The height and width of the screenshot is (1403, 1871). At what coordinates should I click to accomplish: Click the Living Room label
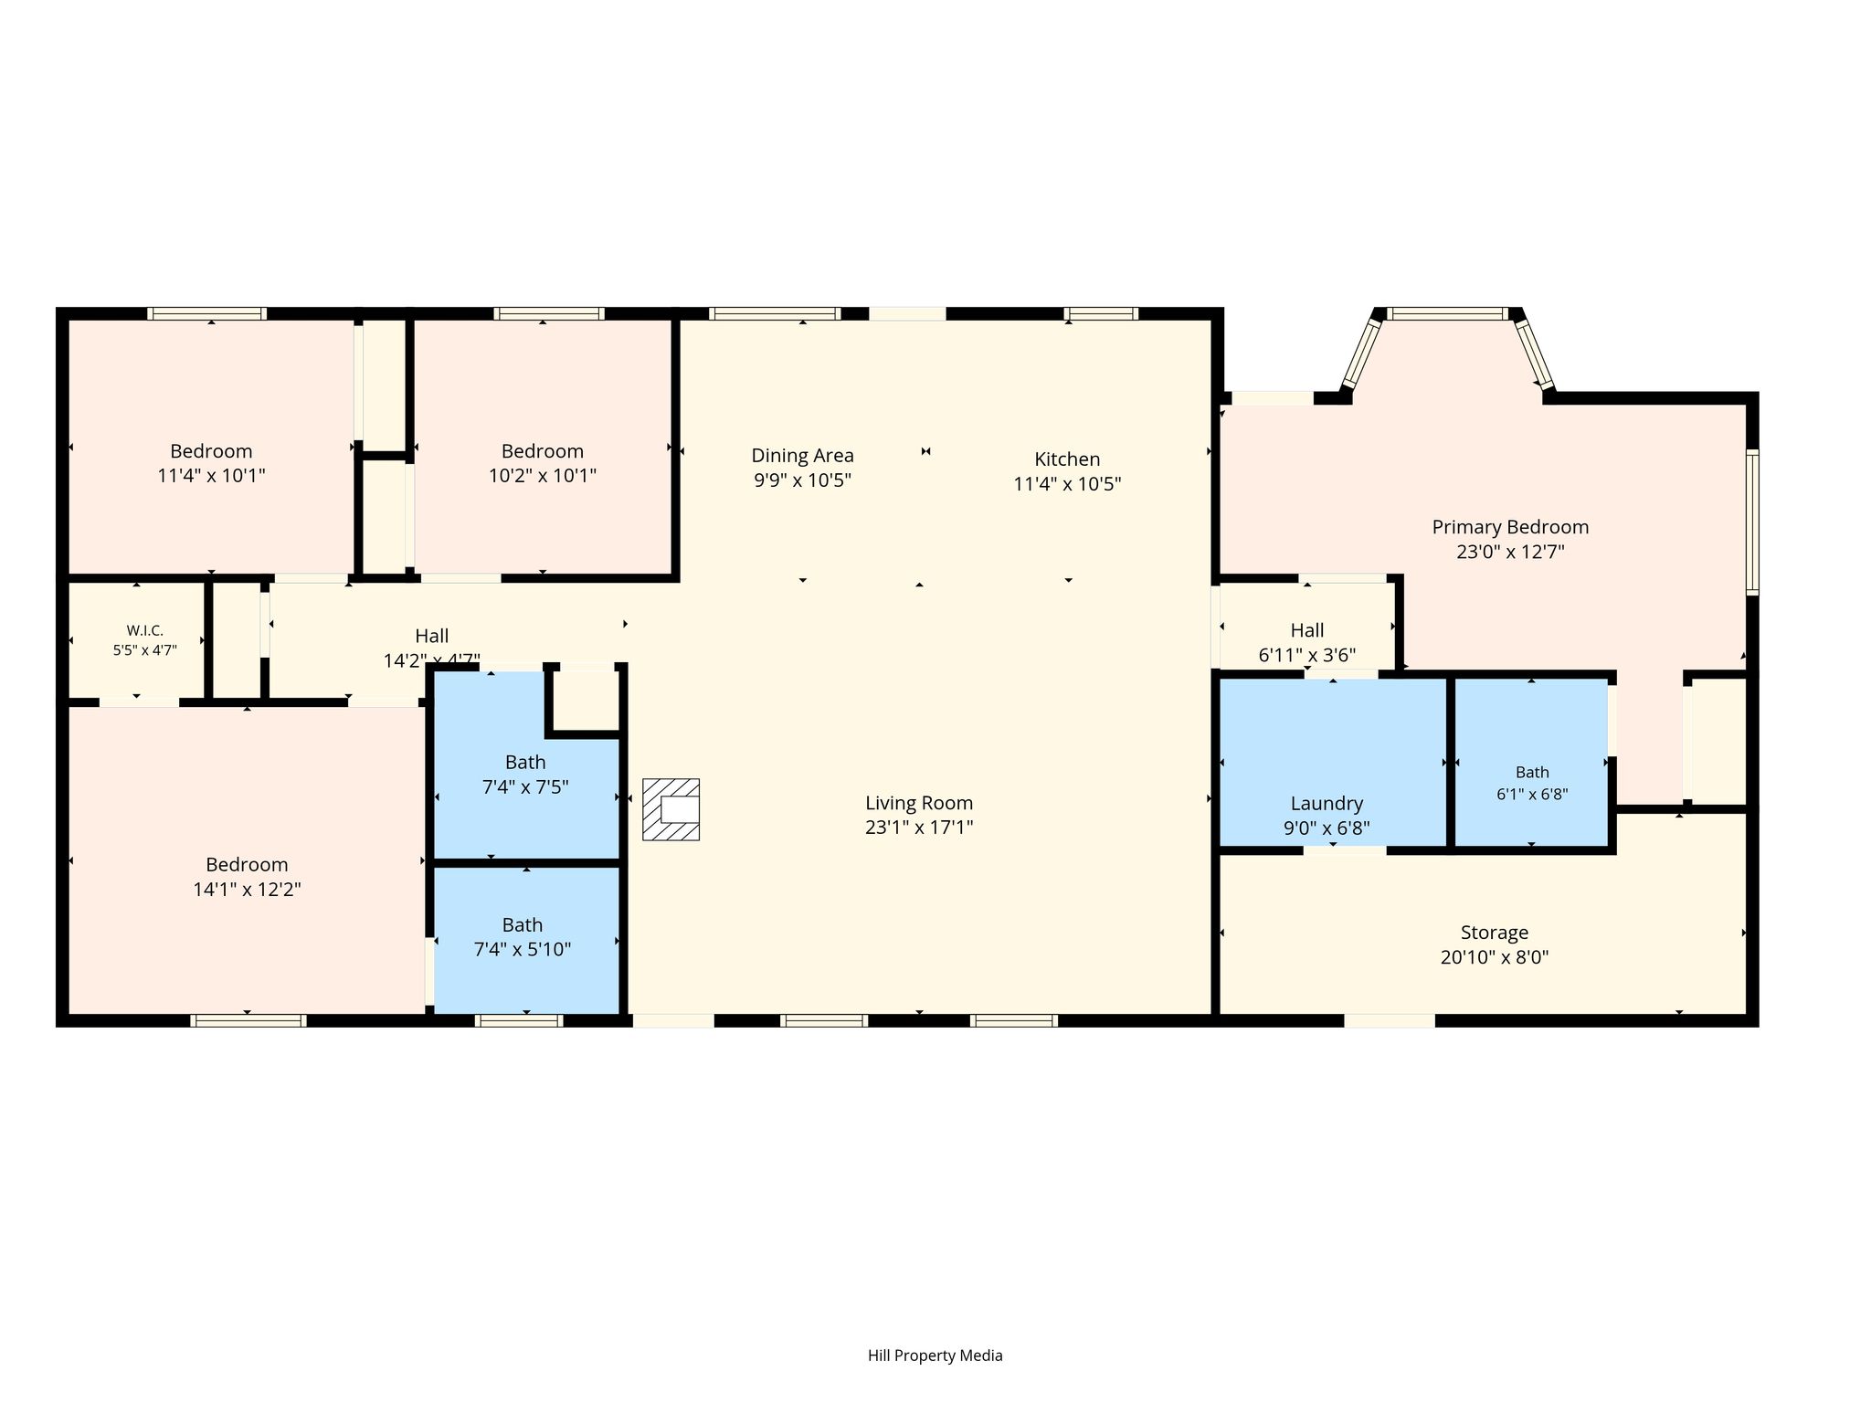pyautogui.click(x=919, y=803)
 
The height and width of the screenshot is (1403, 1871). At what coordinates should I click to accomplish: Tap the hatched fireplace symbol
pyautogui.click(x=671, y=809)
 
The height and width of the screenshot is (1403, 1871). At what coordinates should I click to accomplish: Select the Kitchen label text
pyautogui.click(x=1067, y=459)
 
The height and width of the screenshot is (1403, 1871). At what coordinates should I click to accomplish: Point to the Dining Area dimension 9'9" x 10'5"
pyautogui.click(x=802, y=480)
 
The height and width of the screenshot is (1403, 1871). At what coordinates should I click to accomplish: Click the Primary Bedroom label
pyautogui.click(x=1510, y=527)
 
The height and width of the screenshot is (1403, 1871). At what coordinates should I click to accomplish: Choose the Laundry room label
pyautogui.click(x=1327, y=804)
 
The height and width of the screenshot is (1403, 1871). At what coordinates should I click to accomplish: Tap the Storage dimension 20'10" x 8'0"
pyautogui.click(x=1495, y=957)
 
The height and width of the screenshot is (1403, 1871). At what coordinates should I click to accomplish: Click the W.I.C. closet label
pyautogui.click(x=145, y=630)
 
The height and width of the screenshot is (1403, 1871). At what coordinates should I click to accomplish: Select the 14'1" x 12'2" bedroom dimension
pyautogui.click(x=247, y=889)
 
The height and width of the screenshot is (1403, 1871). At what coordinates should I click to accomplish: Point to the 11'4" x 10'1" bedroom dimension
pyautogui.click(x=211, y=475)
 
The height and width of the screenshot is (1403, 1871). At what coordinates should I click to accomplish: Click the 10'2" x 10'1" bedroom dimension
pyautogui.click(x=543, y=475)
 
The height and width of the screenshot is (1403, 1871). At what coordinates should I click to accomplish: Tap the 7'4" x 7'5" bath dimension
pyautogui.click(x=525, y=786)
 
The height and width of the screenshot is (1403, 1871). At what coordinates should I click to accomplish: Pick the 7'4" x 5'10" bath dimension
pyautogui.click(x=523, y=949)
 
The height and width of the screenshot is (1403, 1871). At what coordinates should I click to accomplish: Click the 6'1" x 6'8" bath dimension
pyautogui.click(x=1532, y=794)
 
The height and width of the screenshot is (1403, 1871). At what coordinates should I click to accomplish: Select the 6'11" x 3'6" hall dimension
pyautogui.click(x=1307, y=655)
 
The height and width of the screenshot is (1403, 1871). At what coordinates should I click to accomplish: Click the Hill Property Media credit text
pyautogui.click(x=935, y=1356)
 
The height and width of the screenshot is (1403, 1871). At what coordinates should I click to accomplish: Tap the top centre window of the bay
pyautogui.click(x=1448, y=313)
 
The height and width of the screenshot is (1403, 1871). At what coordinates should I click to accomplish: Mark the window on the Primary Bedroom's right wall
pyautogui.click(x=1752, y=522)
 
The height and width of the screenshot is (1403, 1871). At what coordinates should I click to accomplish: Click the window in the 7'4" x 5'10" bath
pyautogui.click(x=519, y=1020)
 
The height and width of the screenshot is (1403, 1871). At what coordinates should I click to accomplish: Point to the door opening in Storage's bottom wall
pyautogui.click(x=1389, y=1020)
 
